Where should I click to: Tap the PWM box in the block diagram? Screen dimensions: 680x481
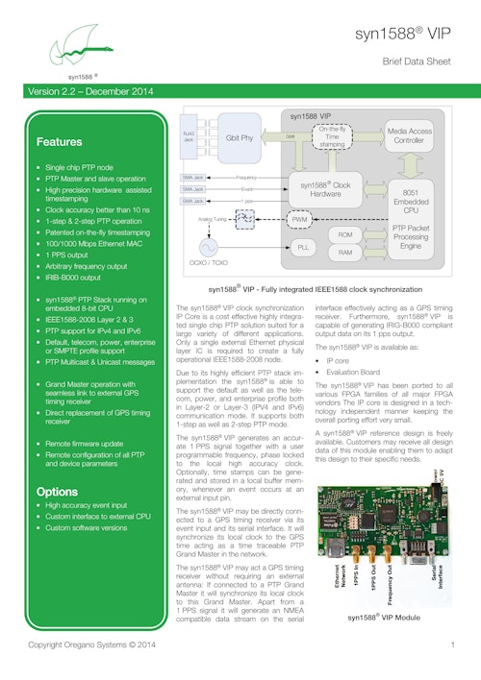(x=300, y=220)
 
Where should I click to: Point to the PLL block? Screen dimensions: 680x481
(x=302, y=247)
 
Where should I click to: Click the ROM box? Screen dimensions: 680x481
(x=345, y=233)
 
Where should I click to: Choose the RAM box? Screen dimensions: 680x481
(x=345, y=253)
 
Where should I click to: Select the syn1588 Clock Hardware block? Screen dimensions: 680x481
(x=327, y=189)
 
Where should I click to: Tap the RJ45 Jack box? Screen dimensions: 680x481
(x=189, y=137)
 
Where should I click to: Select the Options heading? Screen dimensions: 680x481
(x=57, y=491)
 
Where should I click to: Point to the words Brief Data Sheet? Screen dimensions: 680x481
(x=418, y=61)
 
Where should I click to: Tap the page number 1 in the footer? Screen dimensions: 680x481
(x=451, y=644)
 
